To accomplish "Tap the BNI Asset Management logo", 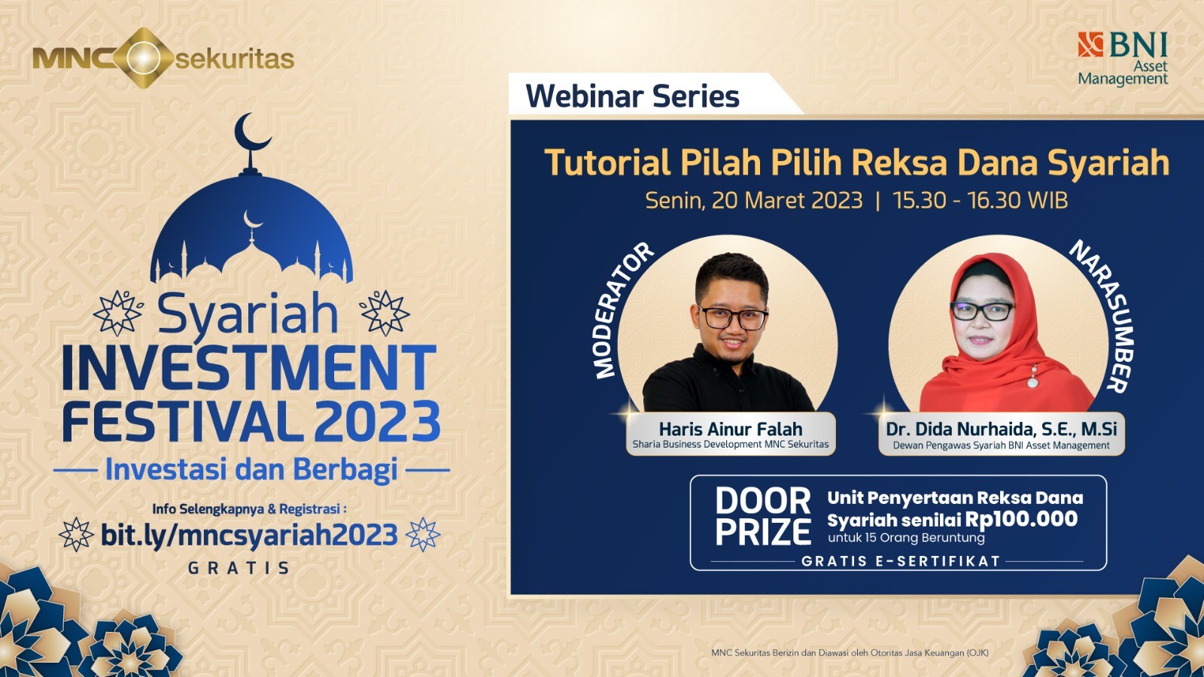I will [x=1123, y=58].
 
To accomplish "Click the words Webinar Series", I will [x=632, y=96].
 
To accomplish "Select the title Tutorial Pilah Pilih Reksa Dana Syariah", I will [x=856, y=162].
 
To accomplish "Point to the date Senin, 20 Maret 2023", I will [x=753, y=200].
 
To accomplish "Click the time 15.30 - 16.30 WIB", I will [x=980, y=200].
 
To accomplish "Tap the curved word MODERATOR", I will [x=619, y=309].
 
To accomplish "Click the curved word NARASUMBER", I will [x=1105, y=314].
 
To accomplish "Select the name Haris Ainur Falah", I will [x=731, y=429].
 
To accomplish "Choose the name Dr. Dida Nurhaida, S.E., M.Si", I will [x=1001, y=429].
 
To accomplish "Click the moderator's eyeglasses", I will [x=733, y=319].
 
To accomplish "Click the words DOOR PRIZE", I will [x=762, y=517].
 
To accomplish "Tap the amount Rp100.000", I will [x=1021, y=519].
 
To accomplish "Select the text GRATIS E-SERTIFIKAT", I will [x=900, y=561].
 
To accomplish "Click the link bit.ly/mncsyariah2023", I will [x=249, y=535].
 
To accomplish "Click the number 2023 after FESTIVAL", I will [x=377, y=422].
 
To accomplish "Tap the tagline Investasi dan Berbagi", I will [x=251, y=469].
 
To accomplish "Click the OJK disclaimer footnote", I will [x=850, y=653].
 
